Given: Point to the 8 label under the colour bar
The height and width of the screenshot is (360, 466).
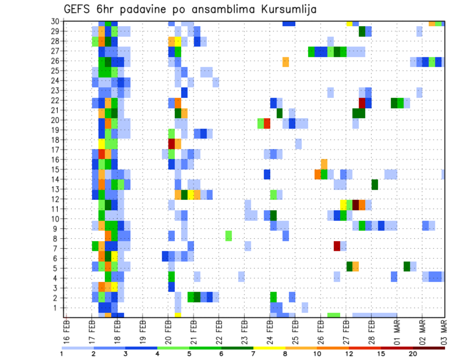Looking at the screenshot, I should point(285,354).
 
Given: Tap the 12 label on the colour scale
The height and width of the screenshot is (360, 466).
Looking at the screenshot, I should point(349,354).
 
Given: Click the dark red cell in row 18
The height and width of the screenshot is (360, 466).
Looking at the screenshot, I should point(171,143).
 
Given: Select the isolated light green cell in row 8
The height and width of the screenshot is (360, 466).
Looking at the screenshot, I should point(229,236).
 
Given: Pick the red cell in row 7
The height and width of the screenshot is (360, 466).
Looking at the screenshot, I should point(337,246).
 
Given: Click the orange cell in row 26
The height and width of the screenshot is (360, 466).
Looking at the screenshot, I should point(286,62).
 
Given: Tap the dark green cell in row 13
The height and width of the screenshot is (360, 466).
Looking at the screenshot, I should point(375,184).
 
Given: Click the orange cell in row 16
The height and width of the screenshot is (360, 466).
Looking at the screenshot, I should point(324,164).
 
